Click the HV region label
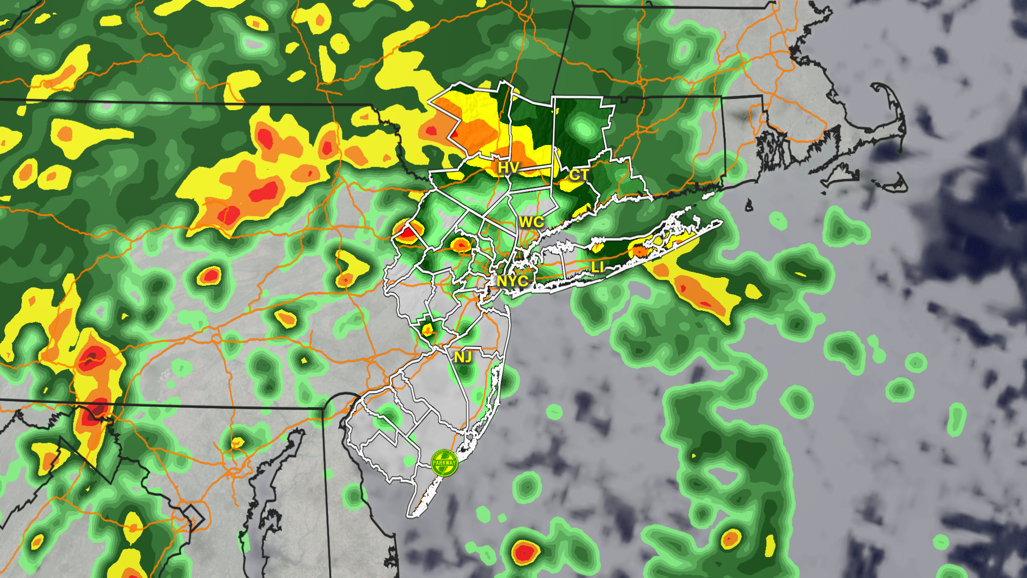coord(508,168)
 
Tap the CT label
coord(579,174)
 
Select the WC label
coord(531,222)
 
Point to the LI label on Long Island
coord(597,267)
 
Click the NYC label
coord(512,280)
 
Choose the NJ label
coord(463,357)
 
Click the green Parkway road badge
coord(444,462)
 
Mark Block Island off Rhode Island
coord(749,205)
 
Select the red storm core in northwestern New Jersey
coord(408,233)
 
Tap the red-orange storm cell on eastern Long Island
coord(639,250)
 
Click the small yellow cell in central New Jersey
coord(427,330)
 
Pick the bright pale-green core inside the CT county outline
coord(582,128)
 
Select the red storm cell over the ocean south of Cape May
coord(524,551)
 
